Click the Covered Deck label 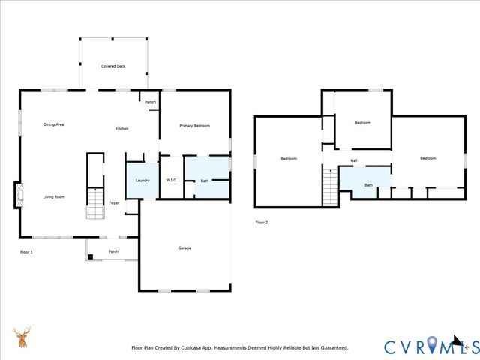click(x=113, y=66)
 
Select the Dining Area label click(x=53, y=124)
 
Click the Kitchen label click(x=121, y=129)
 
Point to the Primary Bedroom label click(x=194, y=126)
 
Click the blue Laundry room click(x=142, y=181)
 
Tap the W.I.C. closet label click(x=171, y=181)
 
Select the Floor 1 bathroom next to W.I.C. click(x=205, y=180)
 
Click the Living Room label click(x=53, y=197)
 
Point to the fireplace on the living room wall click(x=16, y=196)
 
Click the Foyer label click(x=114, y=203)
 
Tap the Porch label click(x=113, y=251)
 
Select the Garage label click(x=184, y=247)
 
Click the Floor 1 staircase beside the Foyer click(x=95, y=203)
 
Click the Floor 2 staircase click(x=330, y=186)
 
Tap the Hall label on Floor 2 click(x=353, y=160)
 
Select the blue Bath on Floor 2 click(x=367, y=184)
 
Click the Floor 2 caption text click(x=261, y=223)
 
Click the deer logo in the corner click(x=22, y=337)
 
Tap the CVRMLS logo click(x=430, y=346)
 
